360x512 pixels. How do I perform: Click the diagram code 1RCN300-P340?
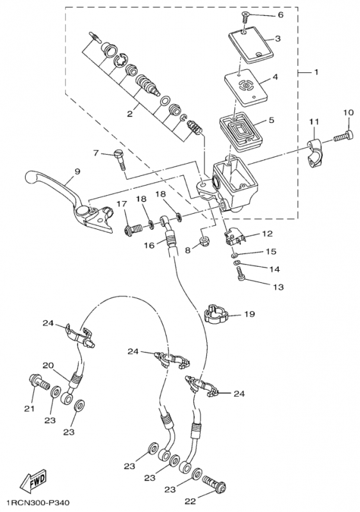click(x=38, y=502)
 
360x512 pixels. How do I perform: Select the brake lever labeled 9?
click(x=69, y=202)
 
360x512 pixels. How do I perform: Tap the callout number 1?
click(x=316, y=72)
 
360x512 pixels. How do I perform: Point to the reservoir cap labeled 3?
click(x=250, y=45)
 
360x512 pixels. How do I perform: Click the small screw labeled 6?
click(x=245, y=17)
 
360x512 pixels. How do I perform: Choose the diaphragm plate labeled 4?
click(x=246, y=87)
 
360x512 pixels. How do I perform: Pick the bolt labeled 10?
click(x=342, y=136)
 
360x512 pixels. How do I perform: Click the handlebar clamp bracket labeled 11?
click(x=315, y=153)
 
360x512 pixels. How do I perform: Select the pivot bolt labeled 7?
click(x=120, y=159)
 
